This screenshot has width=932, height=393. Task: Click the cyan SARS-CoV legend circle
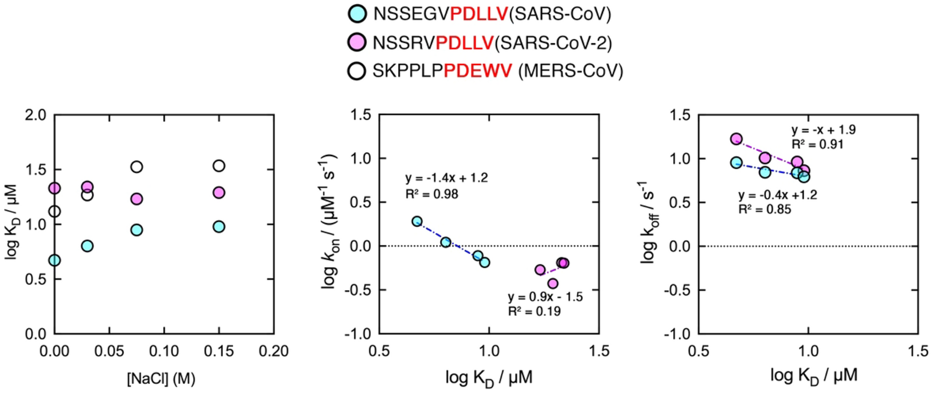(x=358, y=13)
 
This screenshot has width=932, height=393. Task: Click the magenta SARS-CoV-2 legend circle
(x=358, y=42)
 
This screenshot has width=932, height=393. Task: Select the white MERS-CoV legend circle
(x=357, y=71)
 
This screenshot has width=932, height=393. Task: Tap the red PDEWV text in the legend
(x=478, y=71)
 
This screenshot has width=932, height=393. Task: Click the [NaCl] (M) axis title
(x=161, y=378)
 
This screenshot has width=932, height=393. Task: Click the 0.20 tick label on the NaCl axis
(x=273, y=351)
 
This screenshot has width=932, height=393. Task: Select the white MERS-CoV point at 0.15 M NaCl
(x=219, y=166)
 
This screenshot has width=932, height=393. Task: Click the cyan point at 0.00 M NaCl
(x=54, y=260)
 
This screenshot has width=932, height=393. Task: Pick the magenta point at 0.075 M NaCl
(x=136, y=199)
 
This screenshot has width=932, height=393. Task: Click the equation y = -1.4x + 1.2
(x=447, y=178)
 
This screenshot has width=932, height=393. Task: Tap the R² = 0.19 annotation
(x=534, y=311)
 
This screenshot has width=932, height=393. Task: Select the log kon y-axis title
(x=329, y=221)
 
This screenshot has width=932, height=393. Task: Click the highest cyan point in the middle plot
(x=417, y=221)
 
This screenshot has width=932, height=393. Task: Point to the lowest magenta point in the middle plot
(x=552, y=283)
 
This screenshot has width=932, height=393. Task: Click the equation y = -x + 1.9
(x=823, y=130)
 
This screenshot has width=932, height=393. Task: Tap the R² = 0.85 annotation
(x=765, y=210)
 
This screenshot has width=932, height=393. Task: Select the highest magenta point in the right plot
(x=736, y=139)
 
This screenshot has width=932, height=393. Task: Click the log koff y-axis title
(x=648, y=221)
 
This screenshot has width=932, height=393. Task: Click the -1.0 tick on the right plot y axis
(x=679, y=333)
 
